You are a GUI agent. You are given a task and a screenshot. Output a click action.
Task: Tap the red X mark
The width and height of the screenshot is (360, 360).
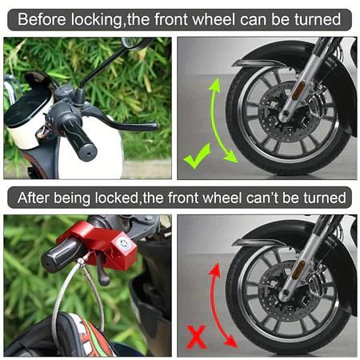coord(196,337)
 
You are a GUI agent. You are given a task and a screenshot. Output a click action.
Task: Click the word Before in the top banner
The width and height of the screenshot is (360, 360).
coord(42,19)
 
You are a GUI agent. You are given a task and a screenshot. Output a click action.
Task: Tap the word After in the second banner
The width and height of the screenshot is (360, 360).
coord(34,198)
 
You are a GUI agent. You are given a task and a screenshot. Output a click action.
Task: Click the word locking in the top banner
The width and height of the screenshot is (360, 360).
coord(97,20)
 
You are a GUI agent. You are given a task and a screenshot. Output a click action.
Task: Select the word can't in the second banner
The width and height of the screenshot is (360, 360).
coord(262,198)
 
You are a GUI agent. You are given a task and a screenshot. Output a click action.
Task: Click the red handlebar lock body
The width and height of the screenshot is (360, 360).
coord(102,246)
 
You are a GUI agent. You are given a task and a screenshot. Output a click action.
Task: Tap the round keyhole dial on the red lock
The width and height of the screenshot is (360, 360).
coord(124,243)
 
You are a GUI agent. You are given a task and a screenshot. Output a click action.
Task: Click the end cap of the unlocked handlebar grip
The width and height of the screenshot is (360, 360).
coord(89,153)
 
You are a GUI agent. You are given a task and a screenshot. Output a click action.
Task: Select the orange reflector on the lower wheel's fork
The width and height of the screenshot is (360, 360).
coord(299,270)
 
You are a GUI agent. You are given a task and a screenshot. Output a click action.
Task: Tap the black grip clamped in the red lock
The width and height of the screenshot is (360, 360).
coord(60,254)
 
